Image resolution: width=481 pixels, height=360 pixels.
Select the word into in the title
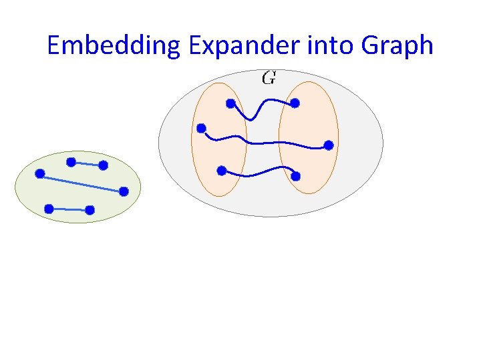pyautogui.click(x=329, y=45)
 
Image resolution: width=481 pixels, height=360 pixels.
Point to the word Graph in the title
pyautogui.click(x=396, y=45)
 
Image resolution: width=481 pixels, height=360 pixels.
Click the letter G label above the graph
pyautogui.click(x=269, y=78)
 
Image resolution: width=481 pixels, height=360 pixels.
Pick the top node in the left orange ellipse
pyautogui.click(x=230, y=103)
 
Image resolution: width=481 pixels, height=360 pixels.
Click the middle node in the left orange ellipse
pyautogui.click(x=202, y=128)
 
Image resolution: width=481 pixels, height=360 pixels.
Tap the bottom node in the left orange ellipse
pyautogui.click(x=222, y=170)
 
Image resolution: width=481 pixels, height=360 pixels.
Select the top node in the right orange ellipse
pyautogui.click(x=295, y=103)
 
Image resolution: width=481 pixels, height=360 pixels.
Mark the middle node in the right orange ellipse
pyautogui.click(x=329, y=145)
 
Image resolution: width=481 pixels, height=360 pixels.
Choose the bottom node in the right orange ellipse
pyautogui.click(x=296, y=177)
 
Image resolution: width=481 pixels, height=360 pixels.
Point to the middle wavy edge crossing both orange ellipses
pyautogui.click(x=267, y=142)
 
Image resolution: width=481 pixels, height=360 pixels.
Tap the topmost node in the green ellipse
pyautogui.click(x=71, y=161)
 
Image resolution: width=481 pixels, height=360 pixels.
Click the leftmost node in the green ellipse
pyautogui.click(x=40, y=174)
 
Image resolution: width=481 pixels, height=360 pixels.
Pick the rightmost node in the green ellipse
pyautogui.click(x=124, y=191)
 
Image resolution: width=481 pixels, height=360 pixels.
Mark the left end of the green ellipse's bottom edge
pyautogui.click(x=49, y=209)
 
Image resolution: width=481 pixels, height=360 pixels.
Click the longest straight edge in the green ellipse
pyautogui.click(x=82, y=183)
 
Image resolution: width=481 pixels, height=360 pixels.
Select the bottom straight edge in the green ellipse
pyautogui.click(x=69, y=209)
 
